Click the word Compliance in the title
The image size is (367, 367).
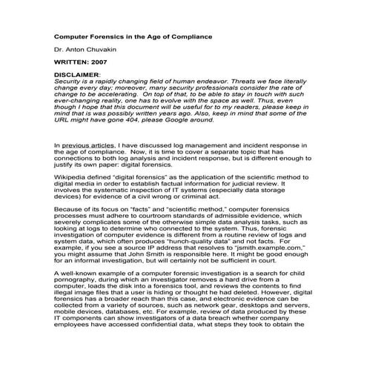coord(173,36)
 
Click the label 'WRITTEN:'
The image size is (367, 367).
coord(73,62)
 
